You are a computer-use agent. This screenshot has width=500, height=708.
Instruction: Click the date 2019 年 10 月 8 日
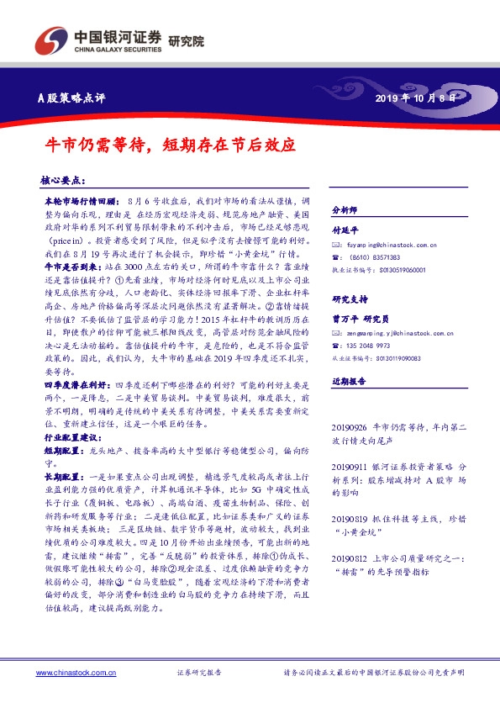pos(418,98)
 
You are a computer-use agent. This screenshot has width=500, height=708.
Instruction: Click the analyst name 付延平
pos(345,228)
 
